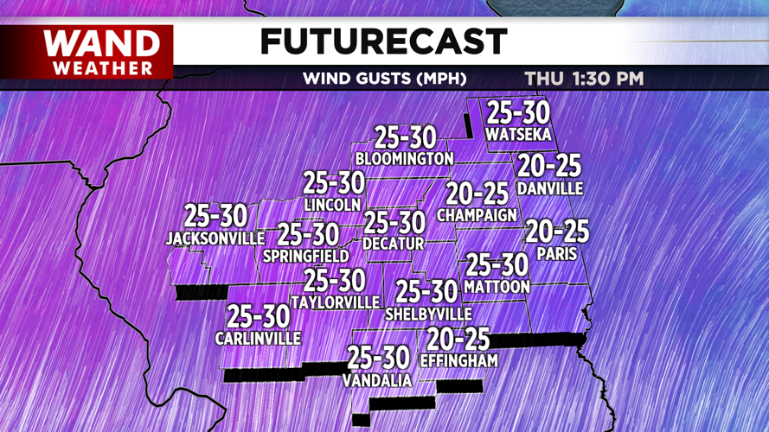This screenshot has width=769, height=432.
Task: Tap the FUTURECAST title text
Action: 383,41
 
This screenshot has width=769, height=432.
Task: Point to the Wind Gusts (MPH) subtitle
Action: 384,79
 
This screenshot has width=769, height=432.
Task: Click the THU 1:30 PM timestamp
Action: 584,79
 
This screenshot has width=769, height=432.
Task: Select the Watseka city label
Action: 517,134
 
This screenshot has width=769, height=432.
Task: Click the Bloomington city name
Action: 404,159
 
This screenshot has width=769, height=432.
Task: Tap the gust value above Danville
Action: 548,166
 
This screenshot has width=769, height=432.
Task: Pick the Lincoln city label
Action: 333,205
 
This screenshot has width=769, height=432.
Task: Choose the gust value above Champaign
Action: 477,194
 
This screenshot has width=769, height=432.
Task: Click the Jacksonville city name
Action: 215,238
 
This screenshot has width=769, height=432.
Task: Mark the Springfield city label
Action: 306,256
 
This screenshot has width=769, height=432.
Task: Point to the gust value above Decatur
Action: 394,223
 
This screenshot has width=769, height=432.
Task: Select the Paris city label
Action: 556,254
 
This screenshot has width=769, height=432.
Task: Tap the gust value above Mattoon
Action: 497,264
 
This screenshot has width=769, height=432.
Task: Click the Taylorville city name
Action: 335,302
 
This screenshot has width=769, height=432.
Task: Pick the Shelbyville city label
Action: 428,313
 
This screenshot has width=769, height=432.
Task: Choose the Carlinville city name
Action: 258,339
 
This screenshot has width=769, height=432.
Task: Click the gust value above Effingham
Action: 458,339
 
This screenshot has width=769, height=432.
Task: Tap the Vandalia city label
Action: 377,380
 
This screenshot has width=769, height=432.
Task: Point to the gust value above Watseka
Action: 517,113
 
